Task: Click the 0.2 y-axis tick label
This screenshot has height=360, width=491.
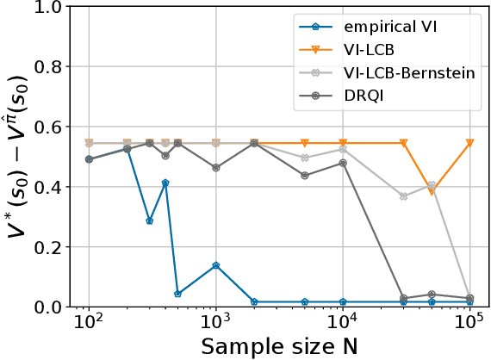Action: (51, 247)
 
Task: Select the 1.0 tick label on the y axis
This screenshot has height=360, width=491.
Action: (51, 8)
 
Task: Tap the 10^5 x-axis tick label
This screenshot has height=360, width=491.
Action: (469, 328)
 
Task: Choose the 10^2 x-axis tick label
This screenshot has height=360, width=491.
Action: (88, 328)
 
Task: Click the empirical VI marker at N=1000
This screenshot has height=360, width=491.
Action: (215, 265)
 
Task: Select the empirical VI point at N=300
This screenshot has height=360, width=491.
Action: (149, 221)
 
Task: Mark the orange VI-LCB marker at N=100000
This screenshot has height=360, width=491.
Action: (469, 143)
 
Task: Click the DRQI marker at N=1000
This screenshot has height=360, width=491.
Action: (215, 168)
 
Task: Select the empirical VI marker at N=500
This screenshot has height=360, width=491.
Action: (177, 294)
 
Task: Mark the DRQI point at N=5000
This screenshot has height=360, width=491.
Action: (304, 176)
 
